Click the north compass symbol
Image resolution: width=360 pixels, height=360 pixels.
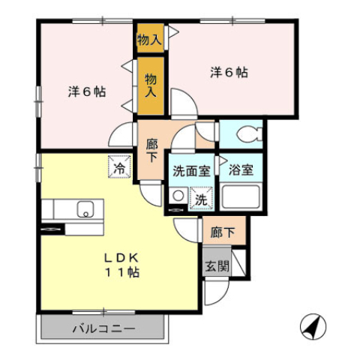(x=313, y=326)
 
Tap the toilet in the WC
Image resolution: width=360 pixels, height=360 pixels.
(x=250, y=134)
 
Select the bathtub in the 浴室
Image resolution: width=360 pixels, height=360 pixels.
(x=241, y=196)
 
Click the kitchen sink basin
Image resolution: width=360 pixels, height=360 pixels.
(x=85, y=209)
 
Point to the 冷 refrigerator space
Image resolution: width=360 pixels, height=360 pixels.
(x=119, y=166)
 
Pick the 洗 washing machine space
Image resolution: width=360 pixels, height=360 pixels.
(x=202, y=198)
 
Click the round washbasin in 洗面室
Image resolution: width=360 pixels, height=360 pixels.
(x=178, y=196)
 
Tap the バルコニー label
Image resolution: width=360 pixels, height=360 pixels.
(x=104, y=328)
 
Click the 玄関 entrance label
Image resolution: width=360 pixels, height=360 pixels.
(x=217, y=266)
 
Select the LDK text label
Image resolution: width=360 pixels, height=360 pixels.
(x=121, y=258)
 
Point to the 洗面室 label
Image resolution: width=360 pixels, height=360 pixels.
(x=191, y=171)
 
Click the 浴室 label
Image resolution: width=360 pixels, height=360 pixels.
(x=241, y=170)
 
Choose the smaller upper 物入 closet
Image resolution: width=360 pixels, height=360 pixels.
(x=150, y=38)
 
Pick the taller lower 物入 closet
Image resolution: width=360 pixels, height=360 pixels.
(x=151, y=86)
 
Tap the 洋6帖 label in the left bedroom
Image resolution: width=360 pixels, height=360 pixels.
(x=87, y=91)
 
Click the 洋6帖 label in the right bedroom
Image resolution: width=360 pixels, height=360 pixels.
(x=229, y=73)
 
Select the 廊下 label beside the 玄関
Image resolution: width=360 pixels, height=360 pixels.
(x=223, y=232)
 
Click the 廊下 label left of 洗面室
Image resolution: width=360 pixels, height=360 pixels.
(x=151, y=151)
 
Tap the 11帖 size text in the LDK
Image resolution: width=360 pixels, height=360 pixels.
(x=121, y=272)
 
